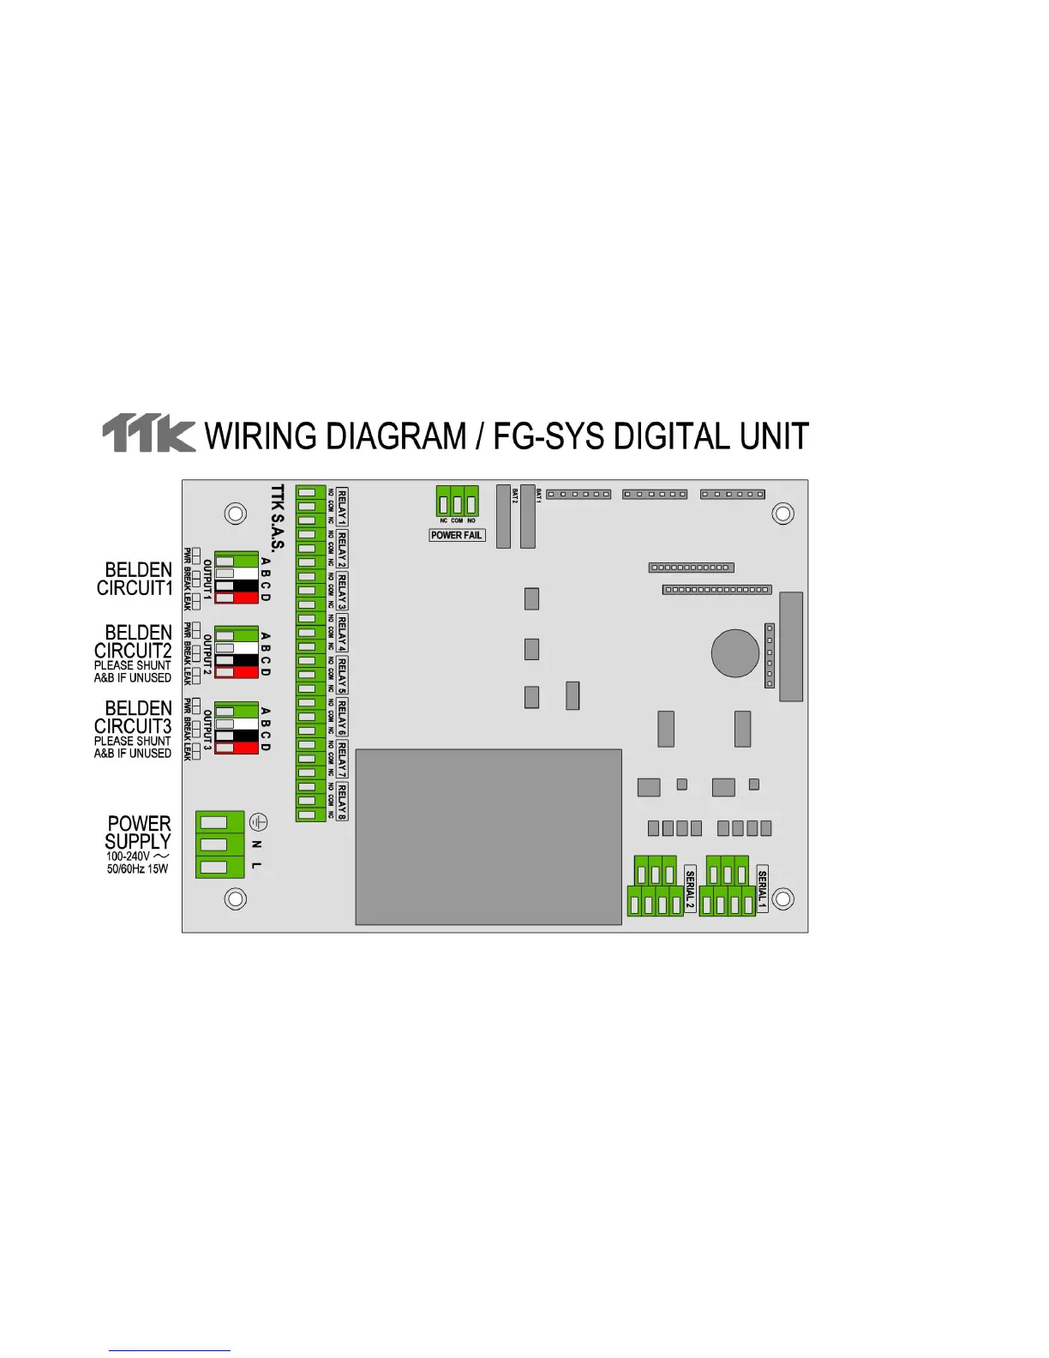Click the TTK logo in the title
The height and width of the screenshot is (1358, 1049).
coord(148,434)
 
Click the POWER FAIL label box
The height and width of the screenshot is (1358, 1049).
coord(456,535)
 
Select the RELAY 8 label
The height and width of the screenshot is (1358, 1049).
coord(342,802)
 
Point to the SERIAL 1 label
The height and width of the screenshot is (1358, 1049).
coord(762,888)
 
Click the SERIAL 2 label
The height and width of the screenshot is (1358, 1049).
coord(690,889)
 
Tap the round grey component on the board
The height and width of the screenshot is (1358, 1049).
coord(734,652)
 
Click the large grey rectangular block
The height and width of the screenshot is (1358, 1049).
coord(488,837)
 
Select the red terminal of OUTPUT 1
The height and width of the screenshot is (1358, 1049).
coord(236,597)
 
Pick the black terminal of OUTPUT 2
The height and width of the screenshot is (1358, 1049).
coord(236,660)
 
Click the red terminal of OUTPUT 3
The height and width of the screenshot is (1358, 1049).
coord(236,748)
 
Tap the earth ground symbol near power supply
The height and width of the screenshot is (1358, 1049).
coord(258,822)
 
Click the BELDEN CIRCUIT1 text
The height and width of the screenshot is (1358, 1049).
coord(135,579)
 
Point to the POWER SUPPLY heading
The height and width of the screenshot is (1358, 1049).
coord(138,832)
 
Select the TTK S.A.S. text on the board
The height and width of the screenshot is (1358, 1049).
coord(277,520)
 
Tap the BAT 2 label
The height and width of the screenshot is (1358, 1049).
coord(515,496)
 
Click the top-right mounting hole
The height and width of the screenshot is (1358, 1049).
coord(782,514)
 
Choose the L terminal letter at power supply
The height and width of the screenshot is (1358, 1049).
coord(256,866)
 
